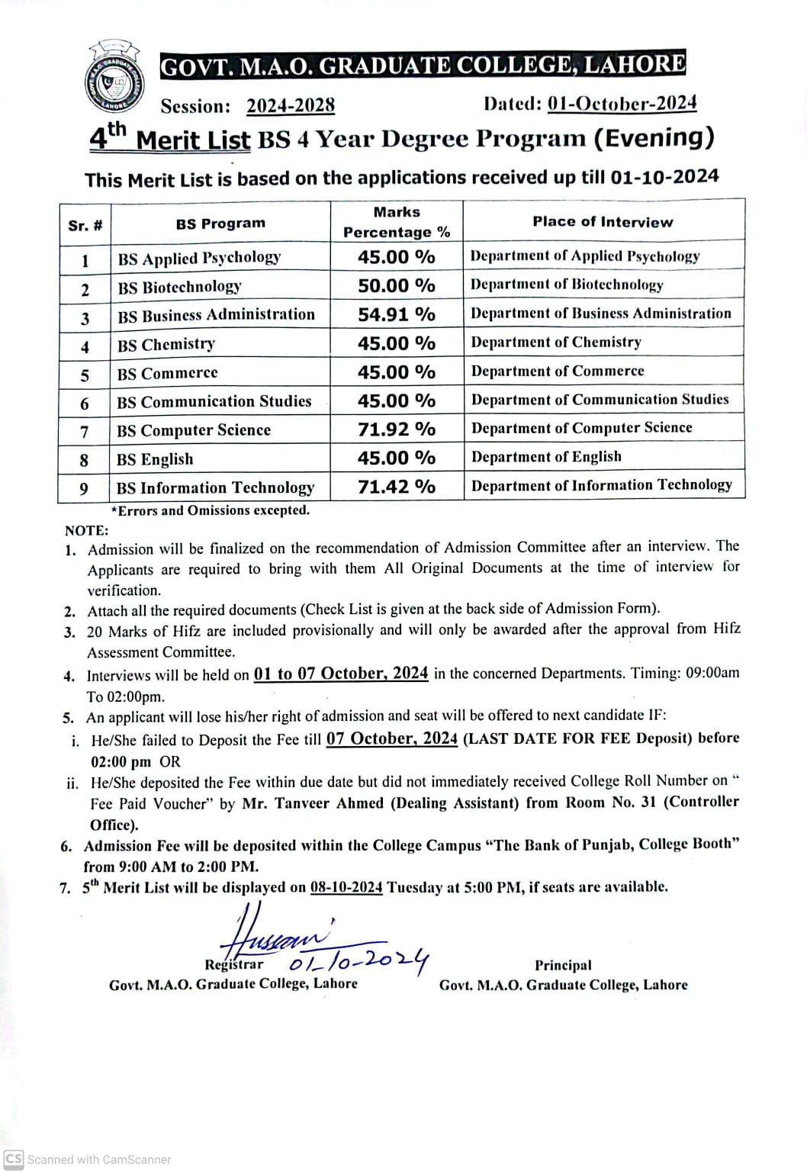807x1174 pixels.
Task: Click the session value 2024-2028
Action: (291, 106)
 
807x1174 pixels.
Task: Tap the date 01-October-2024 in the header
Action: (622, 104)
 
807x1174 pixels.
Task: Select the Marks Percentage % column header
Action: (397, 222)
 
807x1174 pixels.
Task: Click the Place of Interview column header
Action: (603, 222)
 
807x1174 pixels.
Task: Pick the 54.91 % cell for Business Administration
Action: (397, 314)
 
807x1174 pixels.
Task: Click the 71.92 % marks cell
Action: (397, 429)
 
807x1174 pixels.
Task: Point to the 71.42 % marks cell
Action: (397, 487)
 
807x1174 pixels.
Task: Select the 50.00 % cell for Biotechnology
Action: (397, 286)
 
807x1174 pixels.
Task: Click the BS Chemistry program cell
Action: (166, 345)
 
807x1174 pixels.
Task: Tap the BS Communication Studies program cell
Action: (214, 401)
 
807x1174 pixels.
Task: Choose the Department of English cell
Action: (546, 457)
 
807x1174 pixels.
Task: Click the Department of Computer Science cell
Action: (582, 428)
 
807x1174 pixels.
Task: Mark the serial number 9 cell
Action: (84, 488)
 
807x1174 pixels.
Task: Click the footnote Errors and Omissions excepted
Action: (211, 510)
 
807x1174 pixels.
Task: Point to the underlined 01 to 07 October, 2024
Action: (341, 674)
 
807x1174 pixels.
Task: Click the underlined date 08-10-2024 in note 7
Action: (346, 887)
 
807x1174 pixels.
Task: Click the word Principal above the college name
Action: (563, 965)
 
